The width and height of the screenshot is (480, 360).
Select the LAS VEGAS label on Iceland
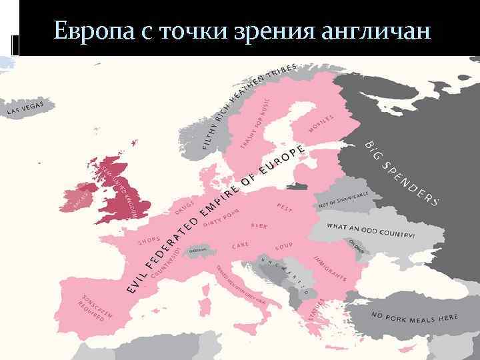pyautogui.click(x=25, y=107)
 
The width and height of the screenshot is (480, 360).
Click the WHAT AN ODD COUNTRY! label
pyautogui.click(x=370, y=231)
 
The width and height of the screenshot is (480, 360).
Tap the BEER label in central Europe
pyautogui.click(x=259, y=226)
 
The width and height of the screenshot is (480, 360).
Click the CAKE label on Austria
pyautogui.click(x=241, y=246)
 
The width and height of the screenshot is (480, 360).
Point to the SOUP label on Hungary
pyautogui.click(x=284, y=245)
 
